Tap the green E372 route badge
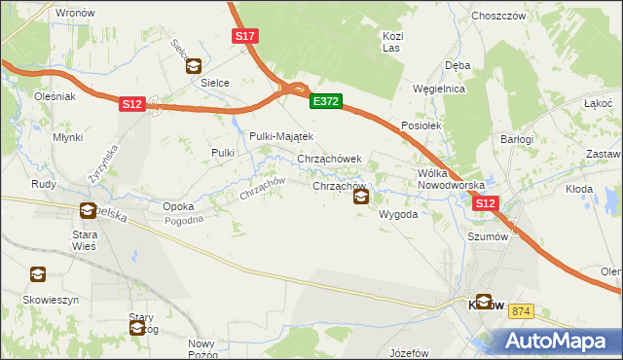pyautogui.click(x=325, y=100)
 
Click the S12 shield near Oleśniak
pyautogui.click(x=133, y=104)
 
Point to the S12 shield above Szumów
pyautogui.click(x=486, y=203)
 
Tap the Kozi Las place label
pyautogui.click(x=392, y=41)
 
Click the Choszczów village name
pyautogui.click(x=497, y=16)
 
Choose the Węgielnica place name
pyautogui.click(x=439, y=89)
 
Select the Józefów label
pyautogui.click(x=408, y=352)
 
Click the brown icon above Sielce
pyautogui.click(x=194, y=66)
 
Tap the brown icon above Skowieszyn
pyautogui.click(x=37, y=275)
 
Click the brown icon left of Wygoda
pyautogui.click(x=361, y=198)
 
